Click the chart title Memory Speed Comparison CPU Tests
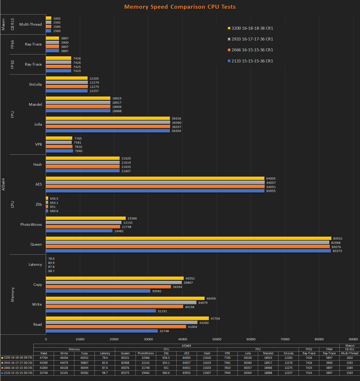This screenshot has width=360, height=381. tap(180, 7)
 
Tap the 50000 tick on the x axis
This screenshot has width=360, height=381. tap(217, 339)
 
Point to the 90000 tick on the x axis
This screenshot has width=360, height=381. tap(353, 339)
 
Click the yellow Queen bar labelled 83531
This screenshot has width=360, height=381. tap(188, 238)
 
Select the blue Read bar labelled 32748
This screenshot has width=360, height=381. tap(102, 331)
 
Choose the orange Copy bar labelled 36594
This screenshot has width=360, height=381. tap(108, 287)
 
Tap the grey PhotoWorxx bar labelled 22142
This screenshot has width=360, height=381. tap(84, 223)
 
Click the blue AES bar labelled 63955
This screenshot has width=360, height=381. tap(155, 191)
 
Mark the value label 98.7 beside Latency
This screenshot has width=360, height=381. tap(51, 271)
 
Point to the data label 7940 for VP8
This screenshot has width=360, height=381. tap(79, 151)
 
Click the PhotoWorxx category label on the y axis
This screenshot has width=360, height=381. tap(31, 224)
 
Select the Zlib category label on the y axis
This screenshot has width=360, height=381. tap(39, 204)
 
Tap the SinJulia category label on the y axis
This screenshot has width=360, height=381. tap(35, 85)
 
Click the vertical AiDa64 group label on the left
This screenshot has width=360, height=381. tap(4, 185)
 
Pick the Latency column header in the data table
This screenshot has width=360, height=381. tap(105, 353)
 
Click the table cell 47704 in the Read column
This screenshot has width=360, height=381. tap(44, 358)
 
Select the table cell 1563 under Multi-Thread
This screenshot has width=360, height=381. tap(350, 373)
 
